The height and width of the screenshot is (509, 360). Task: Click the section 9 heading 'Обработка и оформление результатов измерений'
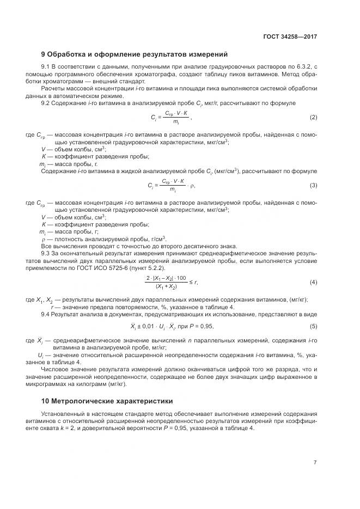[x=135, y=54]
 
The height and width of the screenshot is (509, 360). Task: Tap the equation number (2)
[x=313, y=133]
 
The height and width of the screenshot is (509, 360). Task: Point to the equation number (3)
[x=313, y=186]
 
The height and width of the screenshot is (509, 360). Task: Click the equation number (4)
[x=313, y=282]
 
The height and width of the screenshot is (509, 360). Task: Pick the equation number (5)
[x=313, y=326]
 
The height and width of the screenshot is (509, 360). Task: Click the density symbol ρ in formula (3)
[x=192, y=186]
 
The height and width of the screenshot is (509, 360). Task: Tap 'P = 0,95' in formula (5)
[x=202, y=326]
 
